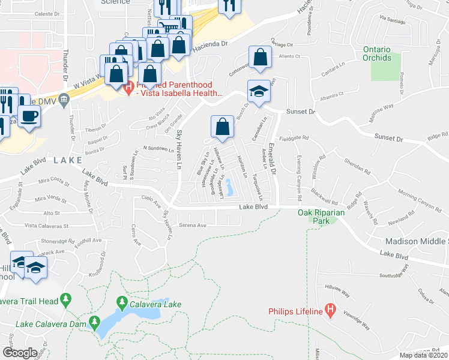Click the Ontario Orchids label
click(377, 53)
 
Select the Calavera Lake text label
click(155, 304)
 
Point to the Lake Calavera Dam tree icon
click(94, 323)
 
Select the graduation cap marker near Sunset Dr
click(259, 91)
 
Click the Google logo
click(20, 352)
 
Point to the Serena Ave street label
click(192, 225)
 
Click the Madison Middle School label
click(415, 241)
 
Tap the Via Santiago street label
click(394, 20)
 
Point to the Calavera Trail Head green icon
click(66, 299)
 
